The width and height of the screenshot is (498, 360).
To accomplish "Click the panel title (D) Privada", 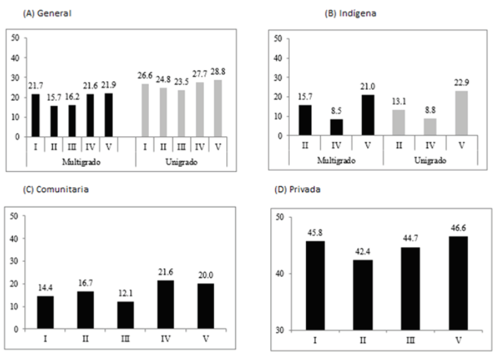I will point(300,189).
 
